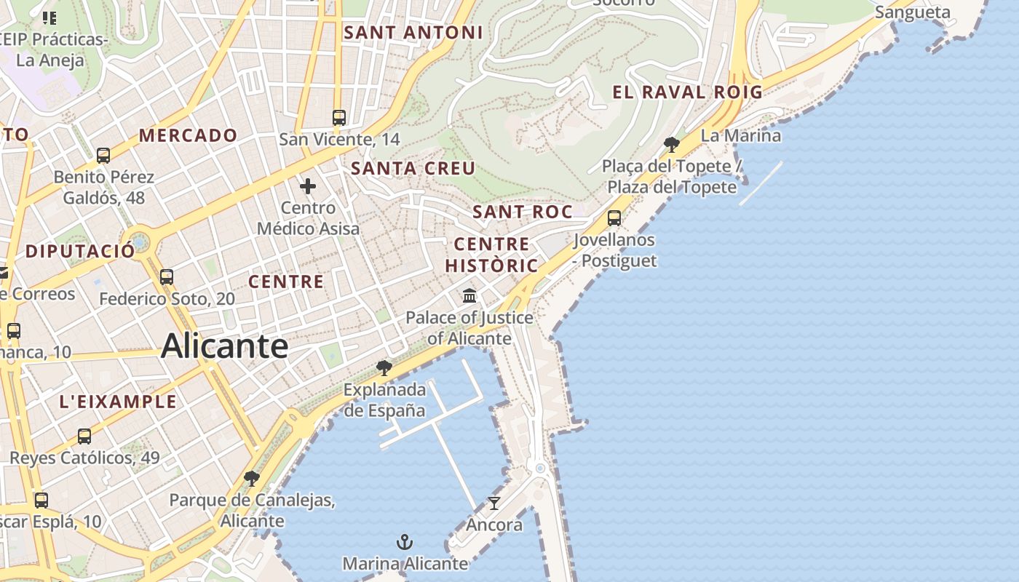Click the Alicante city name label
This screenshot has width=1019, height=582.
(x=224, y=346)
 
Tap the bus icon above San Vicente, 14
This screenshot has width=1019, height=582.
(x=338, y=117)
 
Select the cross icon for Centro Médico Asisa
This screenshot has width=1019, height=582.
(x=308, y=186)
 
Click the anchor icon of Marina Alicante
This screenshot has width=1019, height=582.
(x=404, y=542)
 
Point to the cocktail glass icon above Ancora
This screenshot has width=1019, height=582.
(x=494, y=503)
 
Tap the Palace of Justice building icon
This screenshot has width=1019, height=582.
(x=469, y=296)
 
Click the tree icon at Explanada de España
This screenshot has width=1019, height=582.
(x=384, y=368)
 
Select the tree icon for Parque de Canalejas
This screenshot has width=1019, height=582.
(x=252, y=479)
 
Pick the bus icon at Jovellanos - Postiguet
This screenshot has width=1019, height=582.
(x=614, y=218)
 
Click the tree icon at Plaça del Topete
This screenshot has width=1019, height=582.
(x=672, y=145)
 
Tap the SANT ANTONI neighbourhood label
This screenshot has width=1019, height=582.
(x=413, y=32)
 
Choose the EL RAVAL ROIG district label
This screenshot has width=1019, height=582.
(x=687, y=92)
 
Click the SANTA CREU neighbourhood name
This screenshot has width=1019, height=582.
(x=413, y=168)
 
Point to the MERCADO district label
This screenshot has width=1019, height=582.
(x=188, y=135)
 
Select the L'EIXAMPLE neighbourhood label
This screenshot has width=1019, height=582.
(x=117, y=402)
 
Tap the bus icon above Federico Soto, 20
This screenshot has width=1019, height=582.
(x=167, y=277)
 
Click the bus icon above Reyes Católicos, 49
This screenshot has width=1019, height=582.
(x=84, y=436)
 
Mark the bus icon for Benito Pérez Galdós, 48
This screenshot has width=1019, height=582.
(x=103, y=155)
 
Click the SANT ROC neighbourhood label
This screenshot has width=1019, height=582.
(x=522, y=212)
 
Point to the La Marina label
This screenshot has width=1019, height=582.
(x=740, y=135)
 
